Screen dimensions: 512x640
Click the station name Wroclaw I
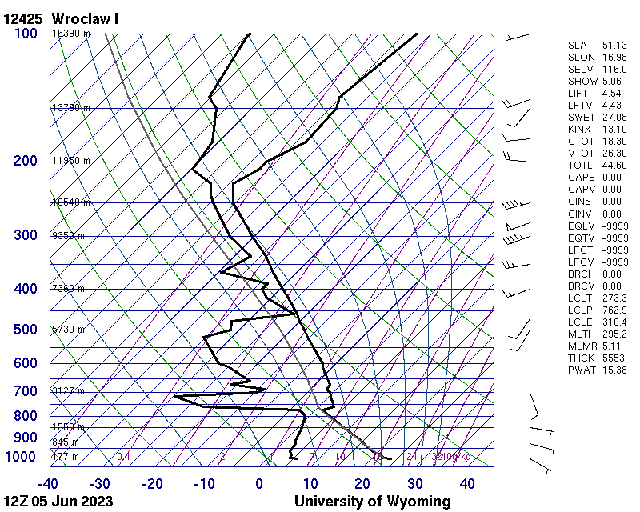(85, 18)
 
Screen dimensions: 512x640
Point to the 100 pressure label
(26, 34)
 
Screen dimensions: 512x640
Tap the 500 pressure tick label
(26, 330)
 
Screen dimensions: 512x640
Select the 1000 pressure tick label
(22, 457)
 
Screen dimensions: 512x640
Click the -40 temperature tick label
(47, 484)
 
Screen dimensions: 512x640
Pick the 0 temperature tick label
(259, 484)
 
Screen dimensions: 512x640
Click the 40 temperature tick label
(467, 484)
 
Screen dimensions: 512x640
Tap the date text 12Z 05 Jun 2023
(58, 502)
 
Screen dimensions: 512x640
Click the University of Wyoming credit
(372, 502)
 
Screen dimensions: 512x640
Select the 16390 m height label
(71, 34)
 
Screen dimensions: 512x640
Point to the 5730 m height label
(68, 330)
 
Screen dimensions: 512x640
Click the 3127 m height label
(68, 391)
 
